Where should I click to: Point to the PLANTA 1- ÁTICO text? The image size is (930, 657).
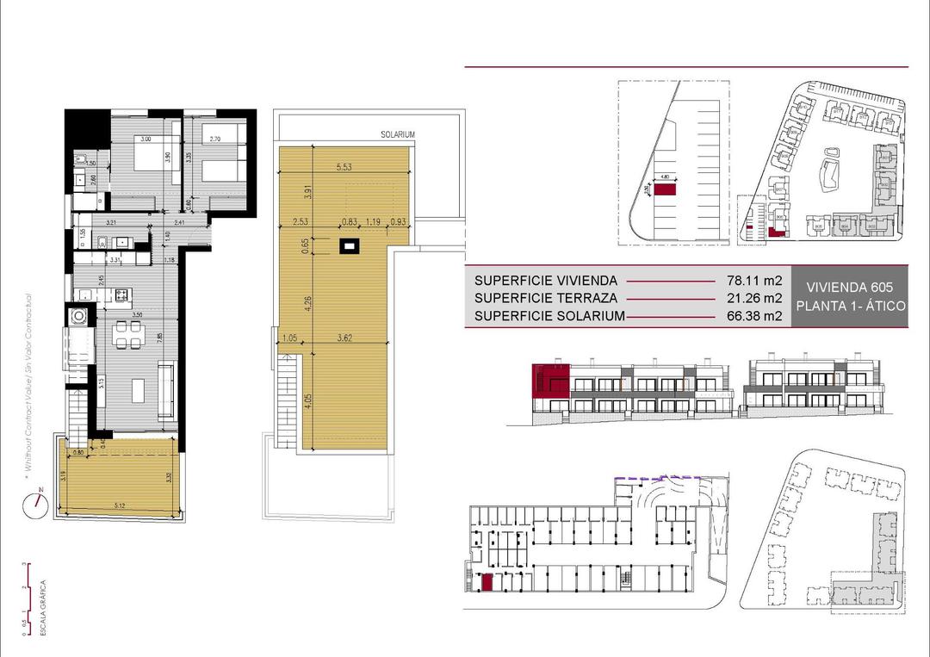pyautogui.click(x=850, y=307)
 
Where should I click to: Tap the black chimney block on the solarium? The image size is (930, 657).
pyautogui.click(x=349, y=247)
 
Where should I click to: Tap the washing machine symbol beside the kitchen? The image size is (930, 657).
pyautogui.click(x=80, y=316)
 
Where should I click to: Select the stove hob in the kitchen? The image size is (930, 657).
pyautogui.click(x=121, y=296)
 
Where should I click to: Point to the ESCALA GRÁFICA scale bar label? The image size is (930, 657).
pyautogui.click(x=43, y=610)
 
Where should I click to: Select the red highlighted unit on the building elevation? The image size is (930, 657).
pyautogui.click(x=550, y=380)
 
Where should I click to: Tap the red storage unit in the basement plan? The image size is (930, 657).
pyautogui.click(x=487, y=583)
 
